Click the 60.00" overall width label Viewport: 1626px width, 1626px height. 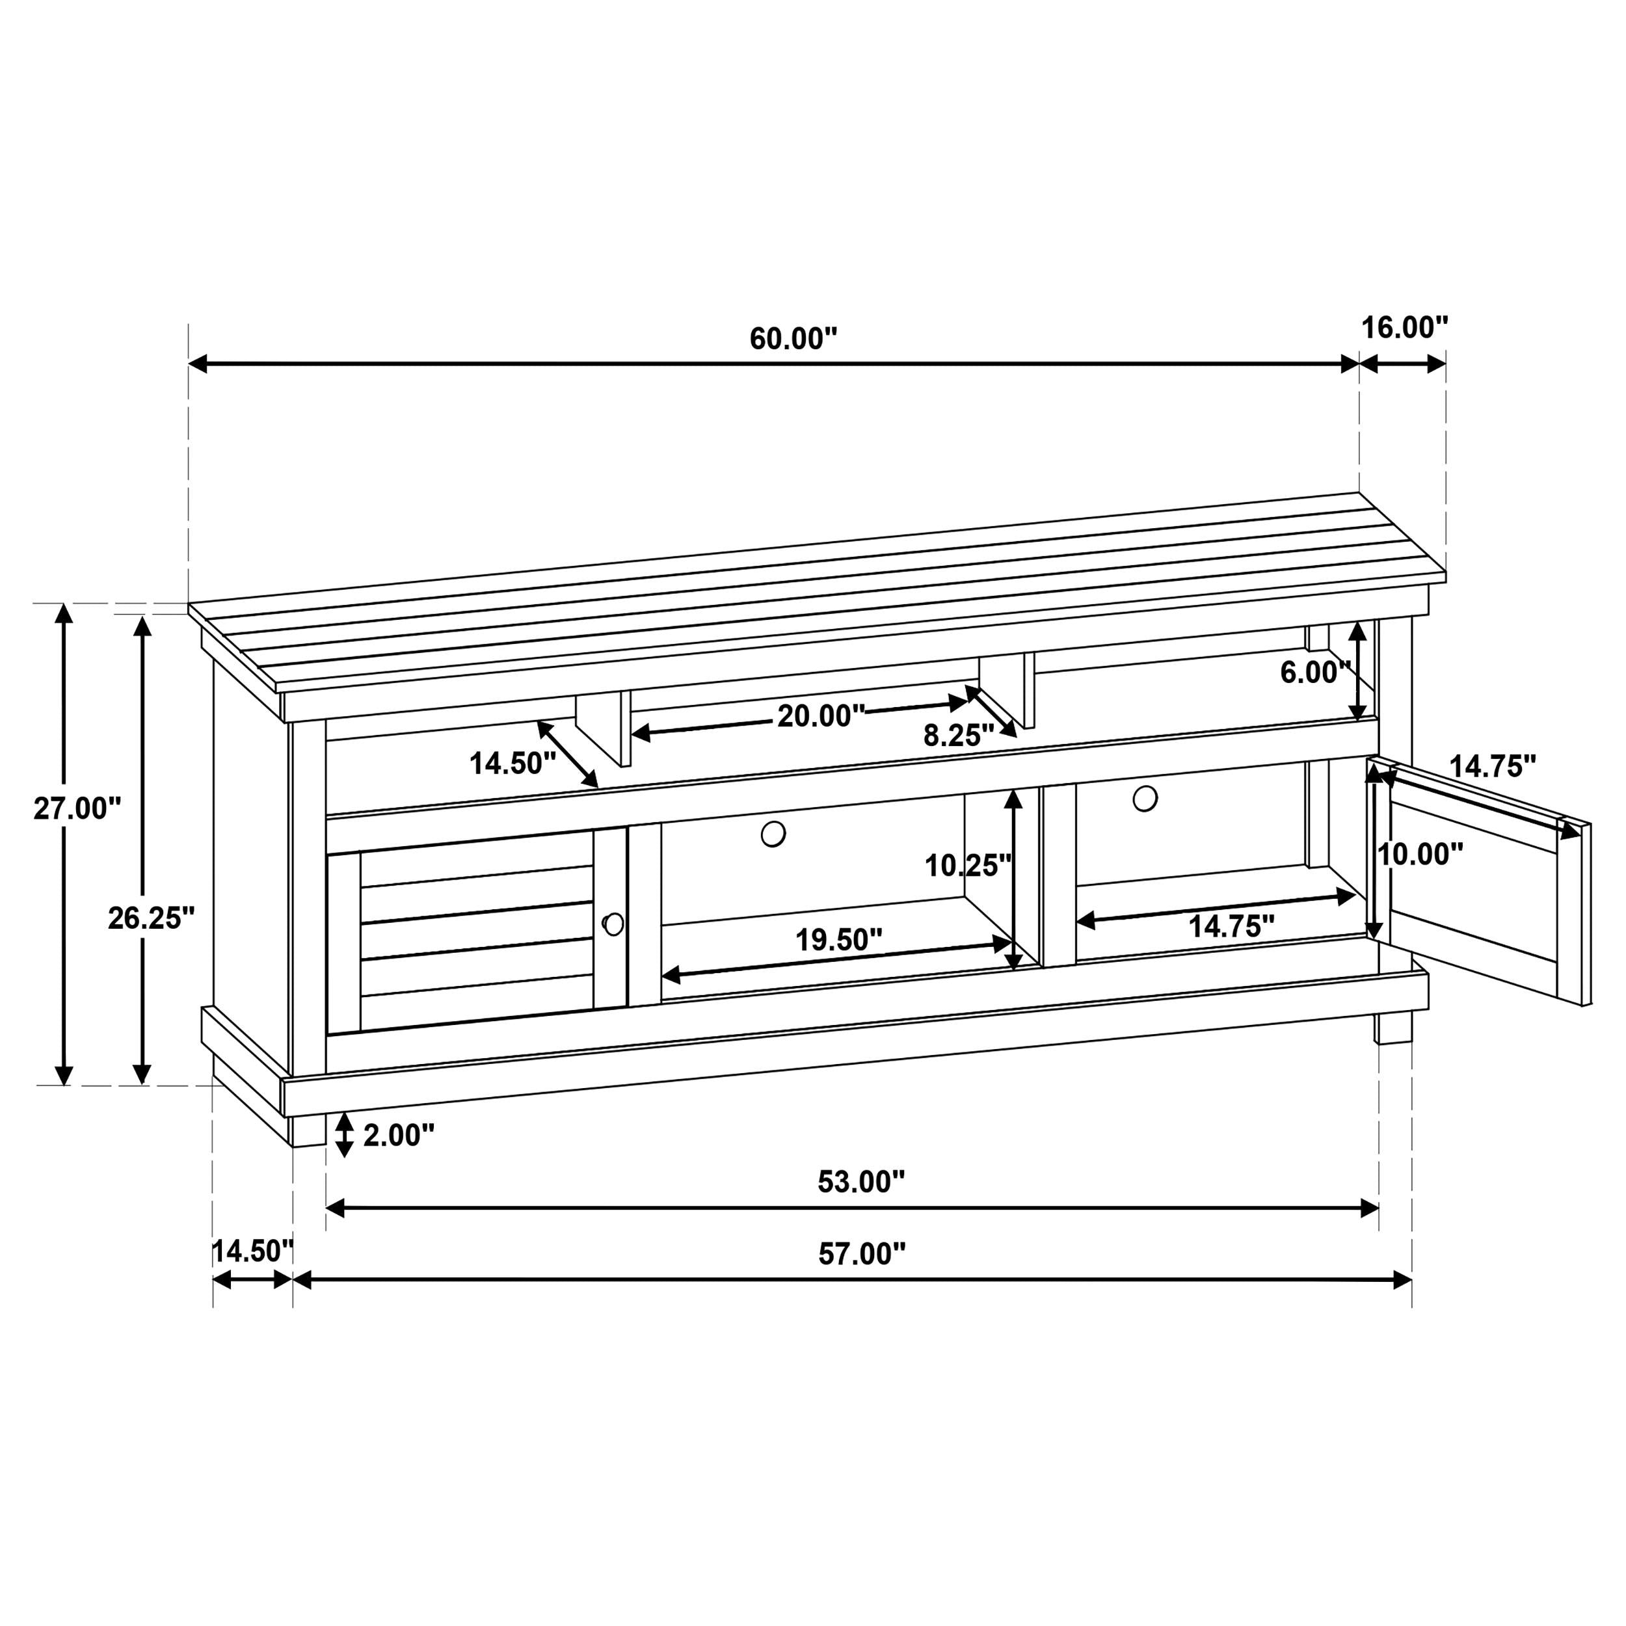point(793,338)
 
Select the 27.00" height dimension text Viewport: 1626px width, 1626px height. point(77,809)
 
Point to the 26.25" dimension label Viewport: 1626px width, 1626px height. point(152,918)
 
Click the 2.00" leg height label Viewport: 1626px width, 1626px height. point(398,1136)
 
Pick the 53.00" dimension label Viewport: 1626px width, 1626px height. point(860,1182)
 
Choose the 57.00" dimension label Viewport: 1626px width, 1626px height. point(862,1254)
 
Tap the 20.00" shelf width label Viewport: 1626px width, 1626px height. point(821,716)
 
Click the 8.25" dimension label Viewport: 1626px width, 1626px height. point(959,736)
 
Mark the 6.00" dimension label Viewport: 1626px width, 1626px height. point(1314,673)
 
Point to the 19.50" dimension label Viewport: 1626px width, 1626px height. point(839,940)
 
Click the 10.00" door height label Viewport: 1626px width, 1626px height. point(1420,855)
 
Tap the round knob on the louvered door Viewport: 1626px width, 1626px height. point(613,924)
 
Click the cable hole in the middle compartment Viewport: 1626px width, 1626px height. point(773,834)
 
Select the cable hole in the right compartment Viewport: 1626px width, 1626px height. point(1145,798)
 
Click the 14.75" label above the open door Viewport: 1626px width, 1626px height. point(1492,766)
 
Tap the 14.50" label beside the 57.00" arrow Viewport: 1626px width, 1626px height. point(252,1251)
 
